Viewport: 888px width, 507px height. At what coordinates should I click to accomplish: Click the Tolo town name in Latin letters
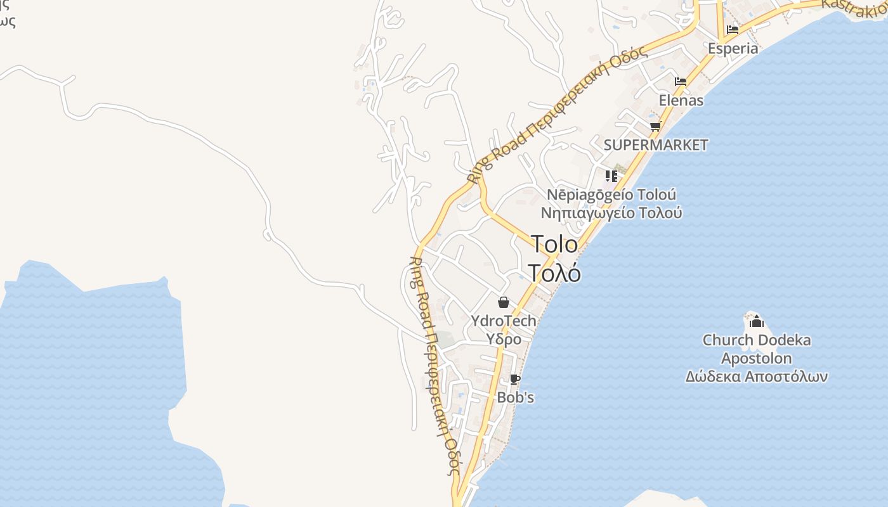tap(554, 244)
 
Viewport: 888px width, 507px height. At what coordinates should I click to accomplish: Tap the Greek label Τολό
tap(554, 273)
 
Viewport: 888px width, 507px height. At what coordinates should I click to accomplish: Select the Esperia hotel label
tap(733, 48)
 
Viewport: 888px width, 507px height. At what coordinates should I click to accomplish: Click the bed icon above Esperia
tap(733, 29)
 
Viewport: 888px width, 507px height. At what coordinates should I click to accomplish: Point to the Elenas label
tap(681, 100)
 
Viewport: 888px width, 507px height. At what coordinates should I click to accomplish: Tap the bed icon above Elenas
tap(681, 82)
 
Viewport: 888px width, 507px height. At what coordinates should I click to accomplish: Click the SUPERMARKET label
tap(655, 144)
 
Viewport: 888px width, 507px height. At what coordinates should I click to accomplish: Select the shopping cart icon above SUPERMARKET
tap(655, 126)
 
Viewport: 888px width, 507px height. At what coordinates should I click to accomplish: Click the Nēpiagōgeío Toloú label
tap(611, 195)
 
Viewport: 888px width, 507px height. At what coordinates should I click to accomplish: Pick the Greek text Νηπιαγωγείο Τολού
tap(611, 212)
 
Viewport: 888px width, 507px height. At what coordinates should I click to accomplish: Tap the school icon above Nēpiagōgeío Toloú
tap(611, 176)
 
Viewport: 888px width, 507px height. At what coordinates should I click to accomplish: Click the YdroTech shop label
tap(504, 321)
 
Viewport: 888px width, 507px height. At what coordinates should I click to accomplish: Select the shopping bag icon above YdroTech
tap(504, 302)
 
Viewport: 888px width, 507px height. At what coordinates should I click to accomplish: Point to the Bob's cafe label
tap(515, 398)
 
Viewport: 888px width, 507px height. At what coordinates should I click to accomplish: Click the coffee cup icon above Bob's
tap(515, 380)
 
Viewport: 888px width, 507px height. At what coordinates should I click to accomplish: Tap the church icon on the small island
tap(756, 321)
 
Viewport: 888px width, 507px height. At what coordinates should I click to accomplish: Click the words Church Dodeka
tap(756, 340)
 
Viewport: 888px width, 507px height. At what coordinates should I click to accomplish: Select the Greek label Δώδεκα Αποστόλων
tap(756, 377)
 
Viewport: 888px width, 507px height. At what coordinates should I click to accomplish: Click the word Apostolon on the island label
tap(756, 359)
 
